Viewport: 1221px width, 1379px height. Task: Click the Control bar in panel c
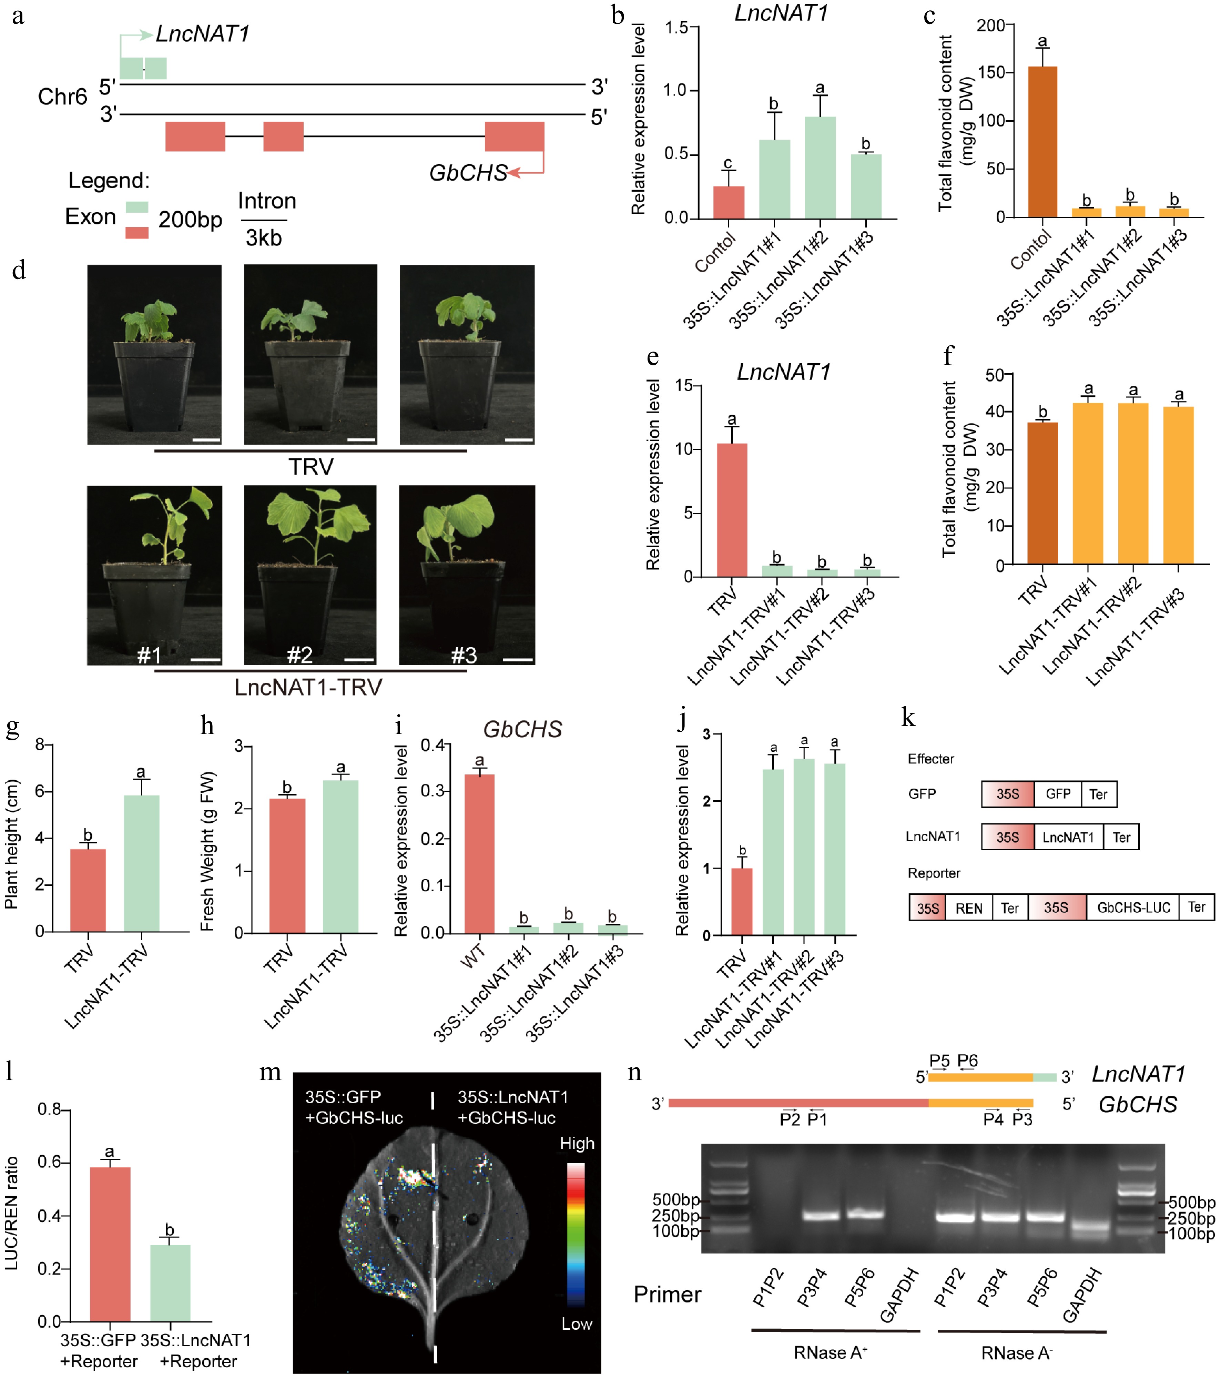[x=1042, y=142]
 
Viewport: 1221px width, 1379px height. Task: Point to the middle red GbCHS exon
[x=283, y=136]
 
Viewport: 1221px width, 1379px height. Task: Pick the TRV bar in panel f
[x=1042, y=493]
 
